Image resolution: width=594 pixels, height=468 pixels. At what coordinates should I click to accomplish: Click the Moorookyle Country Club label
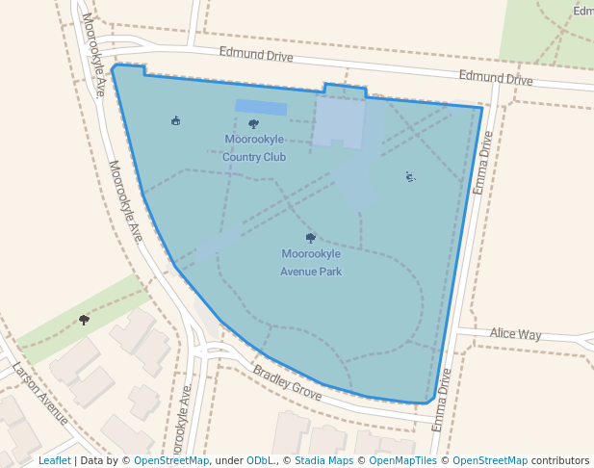(x=254, y=147)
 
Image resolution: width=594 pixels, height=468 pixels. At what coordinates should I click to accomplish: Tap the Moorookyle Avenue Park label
(x=311, y=262)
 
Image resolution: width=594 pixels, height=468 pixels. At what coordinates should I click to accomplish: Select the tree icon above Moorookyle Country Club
(x=253, y=123)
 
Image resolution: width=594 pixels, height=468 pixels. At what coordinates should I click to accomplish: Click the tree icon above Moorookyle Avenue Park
(x=310, y=237)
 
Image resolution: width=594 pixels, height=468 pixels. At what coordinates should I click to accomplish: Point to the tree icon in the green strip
(x=84, y=319)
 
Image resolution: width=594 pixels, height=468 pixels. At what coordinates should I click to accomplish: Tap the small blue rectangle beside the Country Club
(x=261, y=107)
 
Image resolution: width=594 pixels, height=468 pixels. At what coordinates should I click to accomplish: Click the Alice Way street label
(x=515, y=334)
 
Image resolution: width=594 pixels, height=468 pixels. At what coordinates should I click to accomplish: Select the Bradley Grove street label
(x=287, y=382)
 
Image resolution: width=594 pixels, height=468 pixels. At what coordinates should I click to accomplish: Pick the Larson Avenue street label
(x=40, y=393)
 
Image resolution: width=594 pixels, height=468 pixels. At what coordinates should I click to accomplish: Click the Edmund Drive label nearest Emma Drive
(x=495, y=78)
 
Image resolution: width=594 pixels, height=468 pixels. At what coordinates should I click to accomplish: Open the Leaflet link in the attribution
(x=54, y=460)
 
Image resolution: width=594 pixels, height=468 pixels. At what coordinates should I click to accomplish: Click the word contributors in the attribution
(x=560, y=460)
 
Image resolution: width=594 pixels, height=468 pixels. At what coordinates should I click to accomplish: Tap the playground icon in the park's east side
(x=410, y=176)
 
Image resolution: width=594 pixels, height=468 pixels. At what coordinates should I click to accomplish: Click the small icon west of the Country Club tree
(x=175, y=121)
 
